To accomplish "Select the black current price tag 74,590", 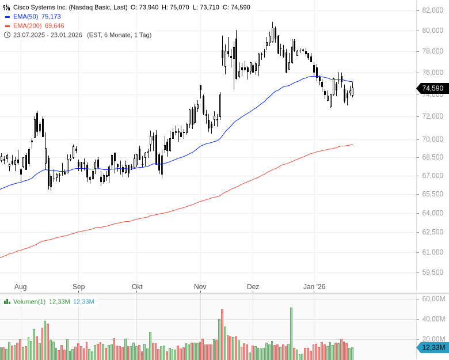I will point(432,88).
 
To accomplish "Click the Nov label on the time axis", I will point(200,287).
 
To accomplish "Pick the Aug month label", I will point(20,287).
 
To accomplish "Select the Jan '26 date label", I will point(314,287).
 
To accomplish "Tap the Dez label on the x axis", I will point(253,287).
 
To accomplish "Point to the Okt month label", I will point(137,287).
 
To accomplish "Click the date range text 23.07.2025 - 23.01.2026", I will point(49,35).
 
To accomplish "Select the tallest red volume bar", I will point(222,334).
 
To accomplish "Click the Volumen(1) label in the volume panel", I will point(29,301).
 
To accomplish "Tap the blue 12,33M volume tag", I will point(433,347).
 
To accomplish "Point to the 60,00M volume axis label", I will point(434,299).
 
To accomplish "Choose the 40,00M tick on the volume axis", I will point(434,319).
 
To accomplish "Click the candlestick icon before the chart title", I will point(6,7).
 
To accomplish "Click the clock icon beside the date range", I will point(6,35).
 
